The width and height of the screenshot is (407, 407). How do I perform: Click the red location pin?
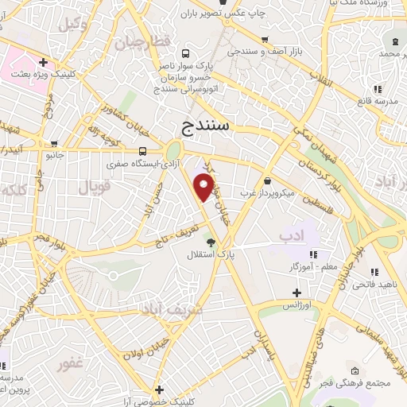pos(204,187)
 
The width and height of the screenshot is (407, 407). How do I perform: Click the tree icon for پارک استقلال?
pos(210,242)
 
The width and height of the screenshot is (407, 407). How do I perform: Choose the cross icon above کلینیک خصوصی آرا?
pos(160,390)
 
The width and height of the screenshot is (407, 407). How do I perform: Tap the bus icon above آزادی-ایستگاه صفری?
pos(142,151)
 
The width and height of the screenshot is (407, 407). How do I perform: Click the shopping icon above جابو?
pos(53,145)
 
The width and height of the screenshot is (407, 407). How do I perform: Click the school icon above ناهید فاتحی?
pos(374,272)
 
